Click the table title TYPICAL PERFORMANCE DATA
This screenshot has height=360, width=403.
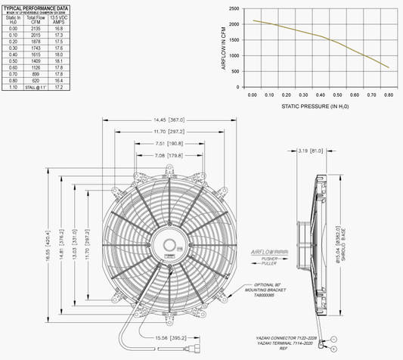pos(42,6)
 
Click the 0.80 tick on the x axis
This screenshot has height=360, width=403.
pos(389,95)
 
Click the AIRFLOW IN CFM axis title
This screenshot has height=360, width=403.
pos(224,48)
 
